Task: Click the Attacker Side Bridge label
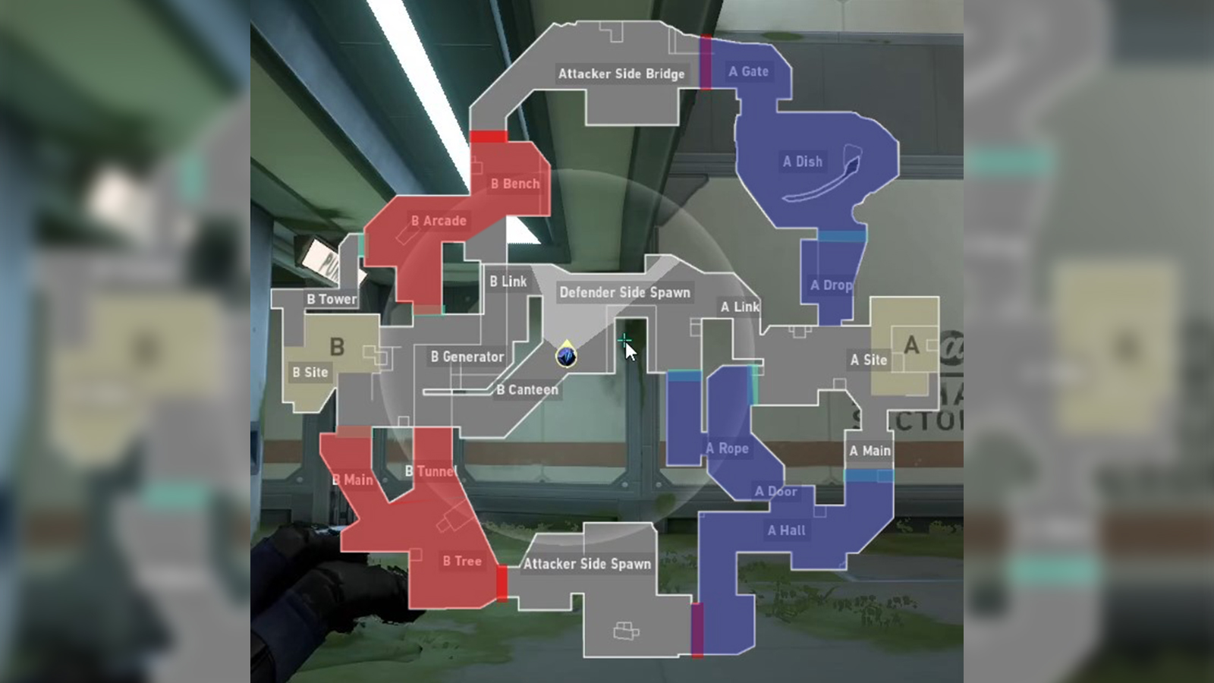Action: (621, 74)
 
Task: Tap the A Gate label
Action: (748, 71)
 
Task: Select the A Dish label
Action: (802, 161)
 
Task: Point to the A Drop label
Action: (831, 285)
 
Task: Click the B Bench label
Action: (514, 184)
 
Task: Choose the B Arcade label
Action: (439, 221)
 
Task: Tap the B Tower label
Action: (331, 299)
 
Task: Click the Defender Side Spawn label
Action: (624, 292)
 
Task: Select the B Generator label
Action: (467, 357)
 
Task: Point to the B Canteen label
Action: (527, 390)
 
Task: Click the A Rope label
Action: (727, 449)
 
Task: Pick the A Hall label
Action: (786, 530)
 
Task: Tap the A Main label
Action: (870, 451)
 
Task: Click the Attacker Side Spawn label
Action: (587, 564)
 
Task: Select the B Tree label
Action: (462, 562)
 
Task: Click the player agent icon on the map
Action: (566, 355)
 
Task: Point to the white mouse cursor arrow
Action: (630, 351)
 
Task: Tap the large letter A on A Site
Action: (911, 345)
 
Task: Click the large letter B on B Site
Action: (337, 347)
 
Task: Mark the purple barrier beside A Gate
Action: (706, 62)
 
